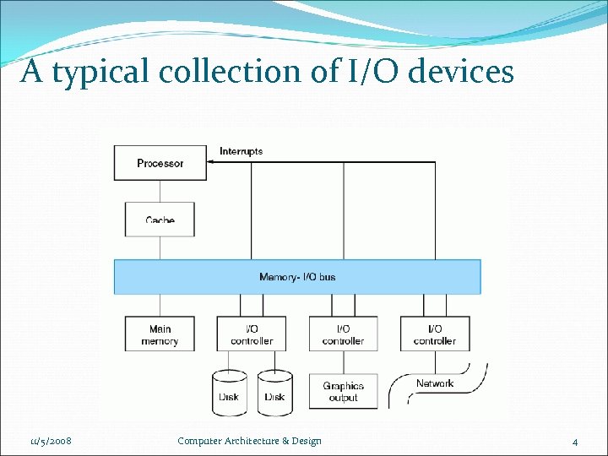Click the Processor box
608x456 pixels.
(x=160, y=163)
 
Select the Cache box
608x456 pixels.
(x=160, y=219)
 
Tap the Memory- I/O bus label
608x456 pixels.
(x=297, y=277)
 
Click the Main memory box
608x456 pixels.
(x=160, y=334)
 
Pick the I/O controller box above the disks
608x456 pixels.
(x=252, y=334)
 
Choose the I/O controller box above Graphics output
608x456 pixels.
(x=343, y=334)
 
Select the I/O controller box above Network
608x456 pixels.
(x=435, y=334)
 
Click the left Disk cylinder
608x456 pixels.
(x=229, y=394)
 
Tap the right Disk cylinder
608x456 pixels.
(x=274, y=394)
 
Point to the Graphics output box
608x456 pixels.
(x=343, y=392)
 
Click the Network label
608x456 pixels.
(x=435, y=383)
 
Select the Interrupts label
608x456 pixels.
(x=241, y=151)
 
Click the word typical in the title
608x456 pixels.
(x=101, y=73)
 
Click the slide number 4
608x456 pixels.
(x=575, y=442)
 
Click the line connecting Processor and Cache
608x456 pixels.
(x=160, y=190)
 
